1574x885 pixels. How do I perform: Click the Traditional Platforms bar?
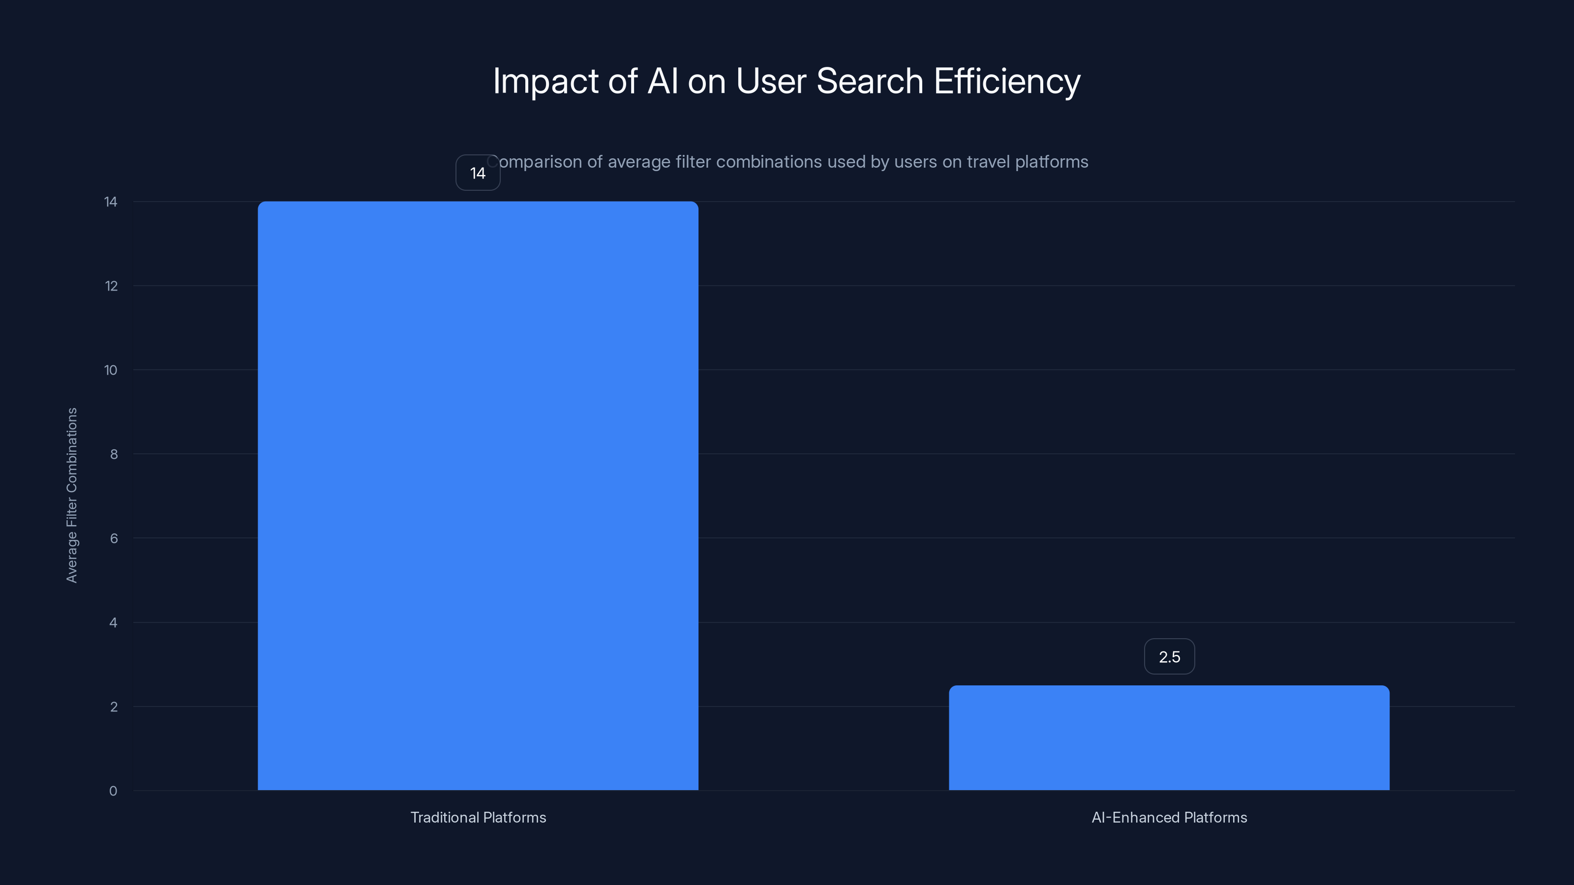(478, 495)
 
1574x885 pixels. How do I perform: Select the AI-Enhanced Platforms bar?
(1169, 738)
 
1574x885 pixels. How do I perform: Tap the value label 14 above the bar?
(478, 173)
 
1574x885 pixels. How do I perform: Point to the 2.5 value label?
(1169, 656)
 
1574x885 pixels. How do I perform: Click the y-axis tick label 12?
(111, 286)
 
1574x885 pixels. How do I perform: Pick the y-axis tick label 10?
(111, 370)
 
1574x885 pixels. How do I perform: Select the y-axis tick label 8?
(114, 454)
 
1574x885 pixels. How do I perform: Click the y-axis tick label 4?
(113, 623)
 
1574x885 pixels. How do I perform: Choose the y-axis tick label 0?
(113, 792)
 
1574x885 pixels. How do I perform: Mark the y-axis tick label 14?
(111, 202)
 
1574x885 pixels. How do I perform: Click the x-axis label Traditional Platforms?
(478, 817)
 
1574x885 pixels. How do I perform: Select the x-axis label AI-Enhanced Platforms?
(1169, 817)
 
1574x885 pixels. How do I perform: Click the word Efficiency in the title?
(1007, 81)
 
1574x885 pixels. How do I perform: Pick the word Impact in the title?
(545, 81)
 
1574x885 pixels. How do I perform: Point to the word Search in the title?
(870, 81)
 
